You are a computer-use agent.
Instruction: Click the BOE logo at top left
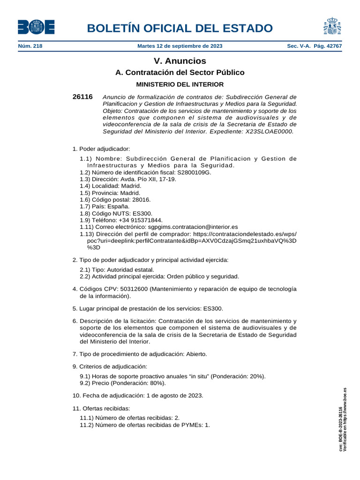click(x=36, y=27)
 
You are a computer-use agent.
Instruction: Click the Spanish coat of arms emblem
click(x=332, y=27)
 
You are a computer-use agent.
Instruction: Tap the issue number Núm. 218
click(x=30, y=46)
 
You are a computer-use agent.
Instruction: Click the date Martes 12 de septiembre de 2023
click(x=180, y=46)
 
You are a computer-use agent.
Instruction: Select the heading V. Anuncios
click(x=180, y=61)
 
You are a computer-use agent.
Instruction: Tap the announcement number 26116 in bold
click(x=82, y=97)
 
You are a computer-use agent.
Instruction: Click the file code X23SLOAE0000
click(x=270, y=132)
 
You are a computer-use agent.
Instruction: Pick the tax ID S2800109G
click(x=194, y=172)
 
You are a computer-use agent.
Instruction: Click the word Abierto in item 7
click(x=196, y=353)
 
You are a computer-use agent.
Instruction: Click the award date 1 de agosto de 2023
click(x=175, y=395)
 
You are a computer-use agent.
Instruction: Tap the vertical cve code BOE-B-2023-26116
click(x=340, y=429)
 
